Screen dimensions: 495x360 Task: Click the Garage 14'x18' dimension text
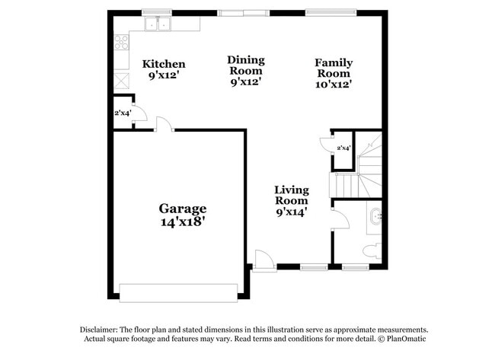pyautogui.click(x=183, y=221)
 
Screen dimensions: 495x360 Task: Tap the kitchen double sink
pyautogui.click(x=158, y=24)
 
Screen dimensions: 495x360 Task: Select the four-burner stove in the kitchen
pyautogui.click(x=122, y=42)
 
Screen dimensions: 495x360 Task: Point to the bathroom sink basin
pyautogui.click(x=375, y=216)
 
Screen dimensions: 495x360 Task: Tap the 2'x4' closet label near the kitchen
pyautogui.click(x=123, y=113)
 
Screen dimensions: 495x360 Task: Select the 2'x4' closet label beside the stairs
pyautogui.click(x=343, y=148)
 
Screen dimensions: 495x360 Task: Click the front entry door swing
pyautogui.click(x=264, y=260)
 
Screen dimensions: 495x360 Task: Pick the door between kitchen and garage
pyautogui.click(x=164, y=124)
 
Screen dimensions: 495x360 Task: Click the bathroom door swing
pyautogui.click(x=340, y=218)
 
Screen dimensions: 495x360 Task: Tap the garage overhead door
pyautogui.click(x=178, y=293)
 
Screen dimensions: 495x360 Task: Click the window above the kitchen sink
pyautogui.click(x=157, y=13)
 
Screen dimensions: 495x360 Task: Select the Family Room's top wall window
pyautogui.click(x=331, y=13)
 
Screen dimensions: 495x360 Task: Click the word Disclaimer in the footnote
pyautogui.click(x=99, y=330)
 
